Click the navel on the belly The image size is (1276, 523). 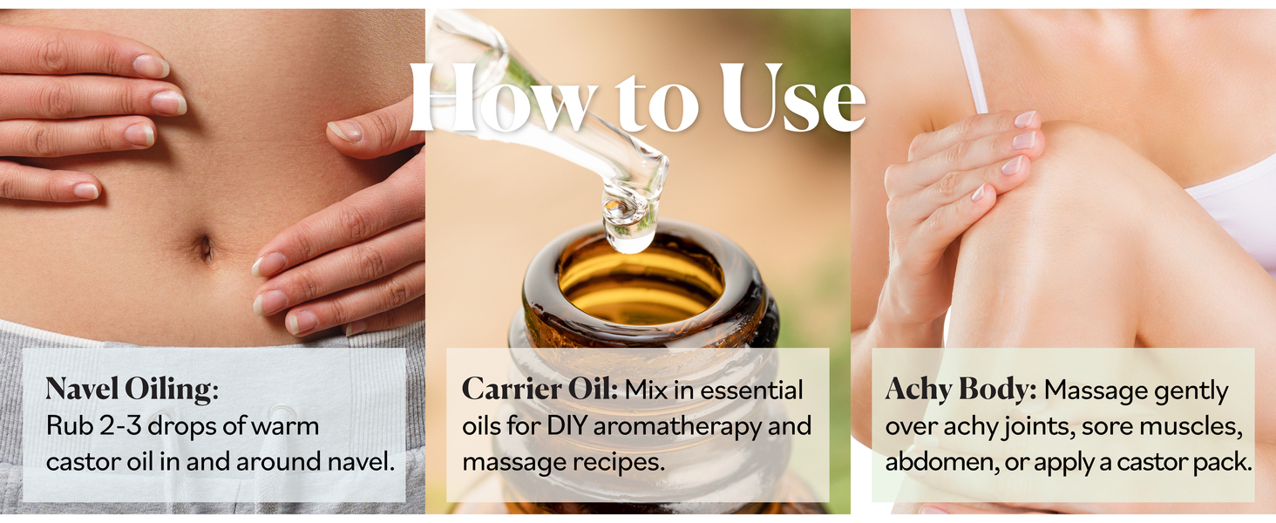click(x=206, y=248)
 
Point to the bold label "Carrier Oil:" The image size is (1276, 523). click(x=540, y=389)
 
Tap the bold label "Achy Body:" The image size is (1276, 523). click(x=960, y=390)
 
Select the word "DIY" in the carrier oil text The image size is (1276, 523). click(x=568, y=425)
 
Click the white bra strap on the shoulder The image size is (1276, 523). click(x=969, y=61)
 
